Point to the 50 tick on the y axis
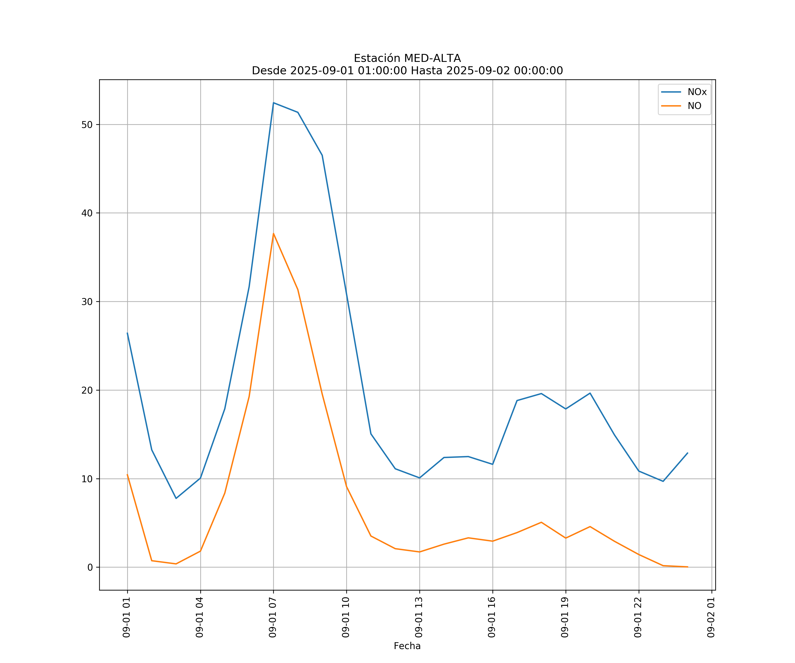87,125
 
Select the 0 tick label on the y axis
90,567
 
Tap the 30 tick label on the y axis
87,302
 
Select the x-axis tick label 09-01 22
638,617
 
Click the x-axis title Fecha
407,646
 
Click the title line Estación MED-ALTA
407,58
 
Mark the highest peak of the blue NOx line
273,103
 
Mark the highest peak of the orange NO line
273,233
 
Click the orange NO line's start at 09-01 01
127,474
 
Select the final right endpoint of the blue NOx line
687,453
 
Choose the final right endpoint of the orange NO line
687,567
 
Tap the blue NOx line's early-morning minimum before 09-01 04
176,498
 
